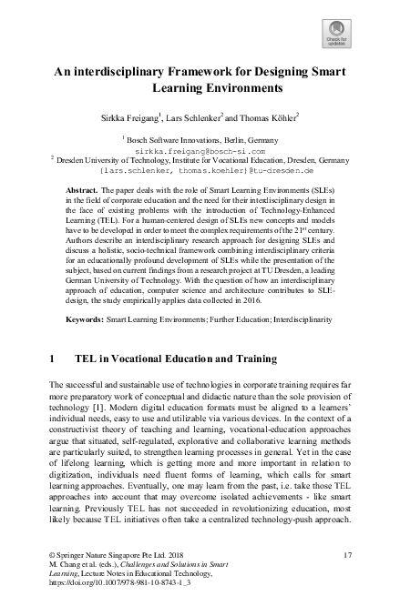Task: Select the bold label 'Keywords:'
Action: coord(89,321)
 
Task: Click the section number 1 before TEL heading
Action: coord(53,360)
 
